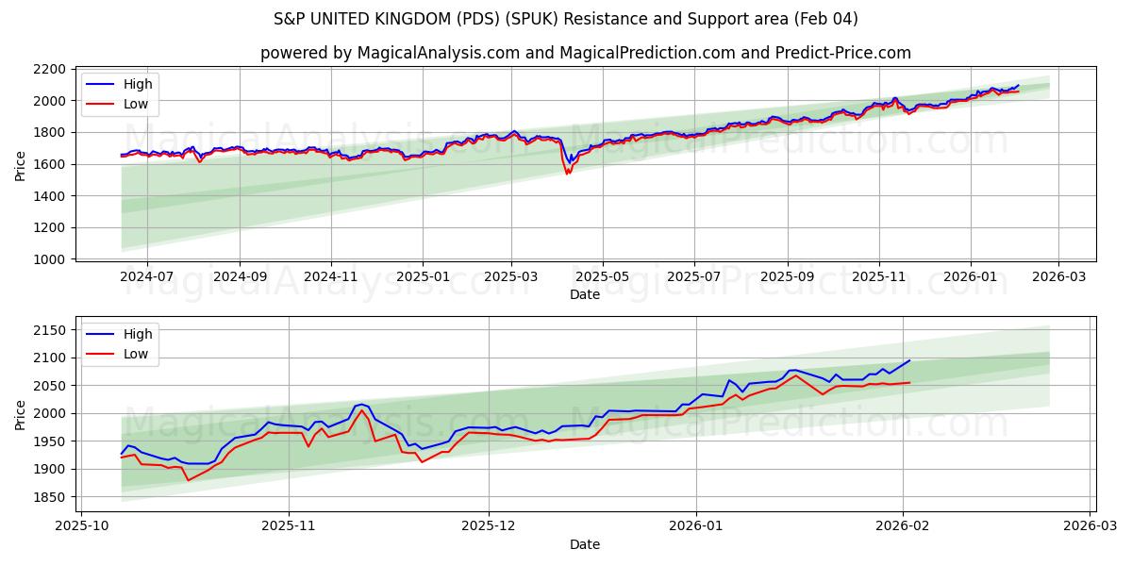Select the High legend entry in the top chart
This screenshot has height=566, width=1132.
coord(138,84)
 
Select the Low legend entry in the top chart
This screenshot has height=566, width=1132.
coord(136,104)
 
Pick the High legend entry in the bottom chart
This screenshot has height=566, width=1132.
coord(138,334)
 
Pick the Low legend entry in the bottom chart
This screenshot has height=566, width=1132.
coord(136,354)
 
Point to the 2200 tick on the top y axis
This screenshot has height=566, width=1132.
coord(49,69)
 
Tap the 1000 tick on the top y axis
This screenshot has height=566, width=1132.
coord(49,259)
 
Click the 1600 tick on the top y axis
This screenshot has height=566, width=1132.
coord(49,164)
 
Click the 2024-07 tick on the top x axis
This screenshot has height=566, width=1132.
coord(147,277)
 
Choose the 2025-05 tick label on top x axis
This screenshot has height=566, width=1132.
coord(603,277)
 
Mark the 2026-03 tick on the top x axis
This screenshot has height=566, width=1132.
coord(1057,277)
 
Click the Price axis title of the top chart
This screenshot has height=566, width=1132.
coord(21,165)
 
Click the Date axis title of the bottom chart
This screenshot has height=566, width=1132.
coord(585,544)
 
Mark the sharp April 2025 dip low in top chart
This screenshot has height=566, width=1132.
coord(567,174)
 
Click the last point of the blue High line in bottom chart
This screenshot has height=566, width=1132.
coord(909,360)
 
